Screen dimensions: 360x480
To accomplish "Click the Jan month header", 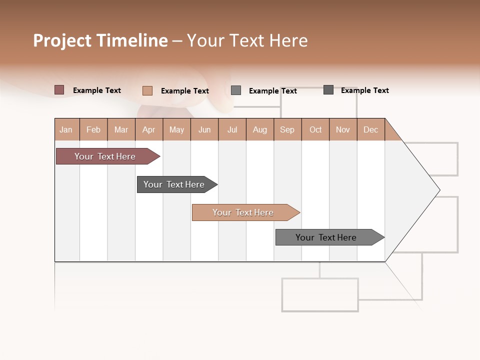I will (x=66, y=129).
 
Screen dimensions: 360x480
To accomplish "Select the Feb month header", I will (x=93, y=129).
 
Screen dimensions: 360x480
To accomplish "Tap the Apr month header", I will (x=149, y=129).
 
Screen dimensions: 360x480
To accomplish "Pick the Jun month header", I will (x=204, y=129).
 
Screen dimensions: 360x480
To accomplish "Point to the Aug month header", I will (x=260, y=129).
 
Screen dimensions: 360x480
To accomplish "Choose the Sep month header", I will (x=287, y=129).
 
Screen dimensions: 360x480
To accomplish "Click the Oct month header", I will (x=315, y=129).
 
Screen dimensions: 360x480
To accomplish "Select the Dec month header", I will (x=371, y=129).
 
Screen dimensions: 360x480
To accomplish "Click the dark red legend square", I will (x=59, y=90).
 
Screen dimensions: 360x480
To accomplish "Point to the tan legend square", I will (x=147, y=90).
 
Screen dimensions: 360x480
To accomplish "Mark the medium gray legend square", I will (x=236, y=90).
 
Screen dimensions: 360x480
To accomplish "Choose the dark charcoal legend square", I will (x=328, y=90).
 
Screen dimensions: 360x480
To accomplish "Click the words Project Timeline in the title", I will (x=100, y=40).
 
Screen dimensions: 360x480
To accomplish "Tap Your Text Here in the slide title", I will (x=247, y=40).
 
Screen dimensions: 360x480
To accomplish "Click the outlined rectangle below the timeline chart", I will (x=320, y=295).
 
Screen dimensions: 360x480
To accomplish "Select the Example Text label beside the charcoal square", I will (x=364, y=90).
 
